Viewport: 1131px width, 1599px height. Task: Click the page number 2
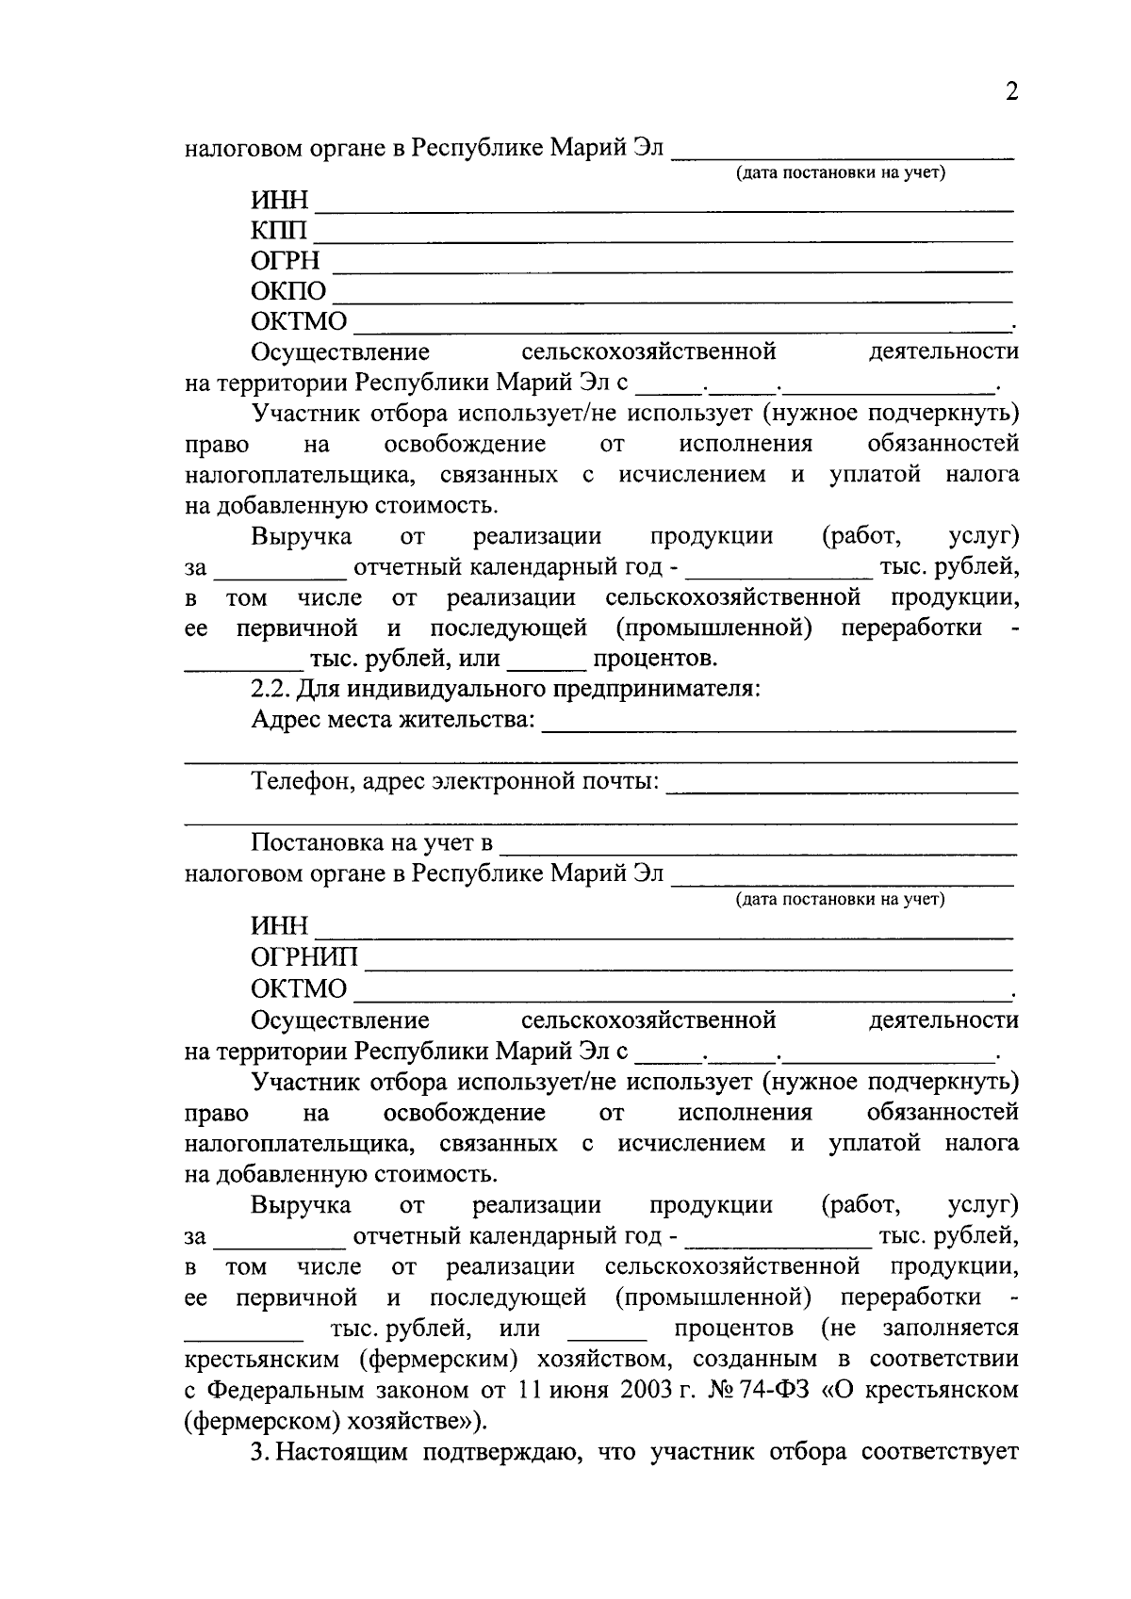1011,91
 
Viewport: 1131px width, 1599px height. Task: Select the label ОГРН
286,260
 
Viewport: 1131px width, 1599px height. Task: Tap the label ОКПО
288,291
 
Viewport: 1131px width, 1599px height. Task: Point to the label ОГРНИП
304,957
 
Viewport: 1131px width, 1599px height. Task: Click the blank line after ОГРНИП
688,968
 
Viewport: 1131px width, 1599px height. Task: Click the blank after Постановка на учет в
758,853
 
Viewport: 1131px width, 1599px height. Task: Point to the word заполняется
950,1329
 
